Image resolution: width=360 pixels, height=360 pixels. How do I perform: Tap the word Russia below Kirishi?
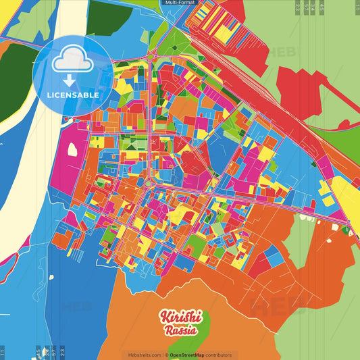(180, 330)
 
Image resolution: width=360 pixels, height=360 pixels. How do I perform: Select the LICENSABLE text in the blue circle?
(73, 95)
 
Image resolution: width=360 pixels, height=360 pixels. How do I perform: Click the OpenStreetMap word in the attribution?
(190, 355)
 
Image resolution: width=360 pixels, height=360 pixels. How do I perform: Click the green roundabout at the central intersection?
(148, 182)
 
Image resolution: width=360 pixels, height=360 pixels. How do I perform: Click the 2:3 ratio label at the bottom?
(61, 352)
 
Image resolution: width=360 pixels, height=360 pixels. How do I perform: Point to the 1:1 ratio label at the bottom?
(3, 352)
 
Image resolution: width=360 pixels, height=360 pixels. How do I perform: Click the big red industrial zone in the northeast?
(297, 88)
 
